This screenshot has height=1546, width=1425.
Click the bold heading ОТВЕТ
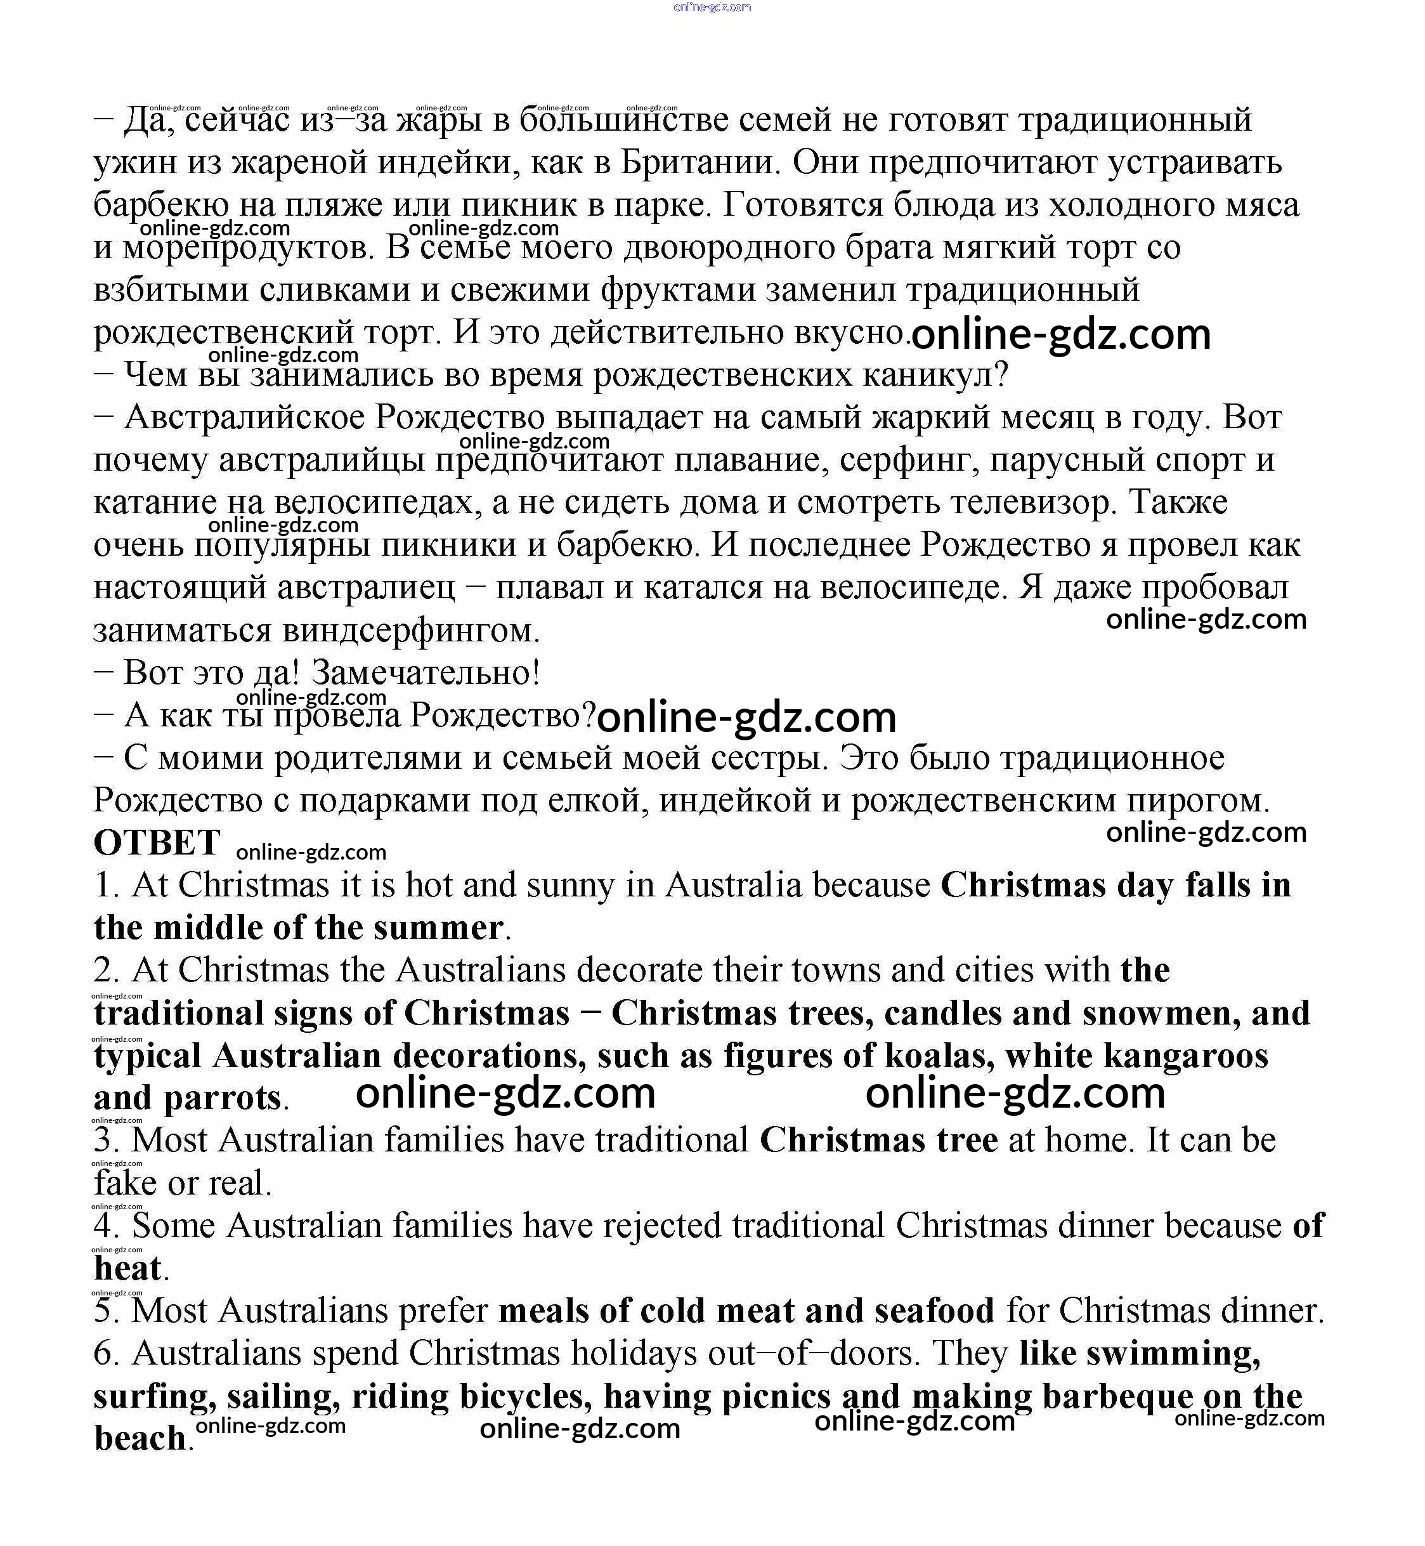[157, 842]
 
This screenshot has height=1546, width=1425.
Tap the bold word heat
[128, 1268]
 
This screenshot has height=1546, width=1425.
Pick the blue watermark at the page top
[712, 7]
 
